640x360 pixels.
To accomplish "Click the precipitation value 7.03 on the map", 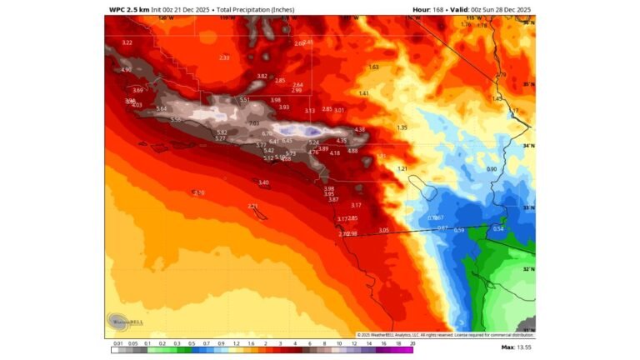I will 254,123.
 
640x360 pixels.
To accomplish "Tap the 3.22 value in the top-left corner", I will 127,42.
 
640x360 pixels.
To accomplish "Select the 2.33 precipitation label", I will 223,57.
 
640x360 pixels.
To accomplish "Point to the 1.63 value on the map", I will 373,67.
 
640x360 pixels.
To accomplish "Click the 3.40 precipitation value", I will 263,182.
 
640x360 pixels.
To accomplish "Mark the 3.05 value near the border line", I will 383,230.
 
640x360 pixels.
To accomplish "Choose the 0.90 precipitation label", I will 491,169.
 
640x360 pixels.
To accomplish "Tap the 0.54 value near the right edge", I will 498,228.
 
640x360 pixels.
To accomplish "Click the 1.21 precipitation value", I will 402,168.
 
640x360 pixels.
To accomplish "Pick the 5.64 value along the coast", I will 162,108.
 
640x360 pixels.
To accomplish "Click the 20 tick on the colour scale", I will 412,342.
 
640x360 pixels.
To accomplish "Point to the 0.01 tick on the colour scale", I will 117,342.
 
